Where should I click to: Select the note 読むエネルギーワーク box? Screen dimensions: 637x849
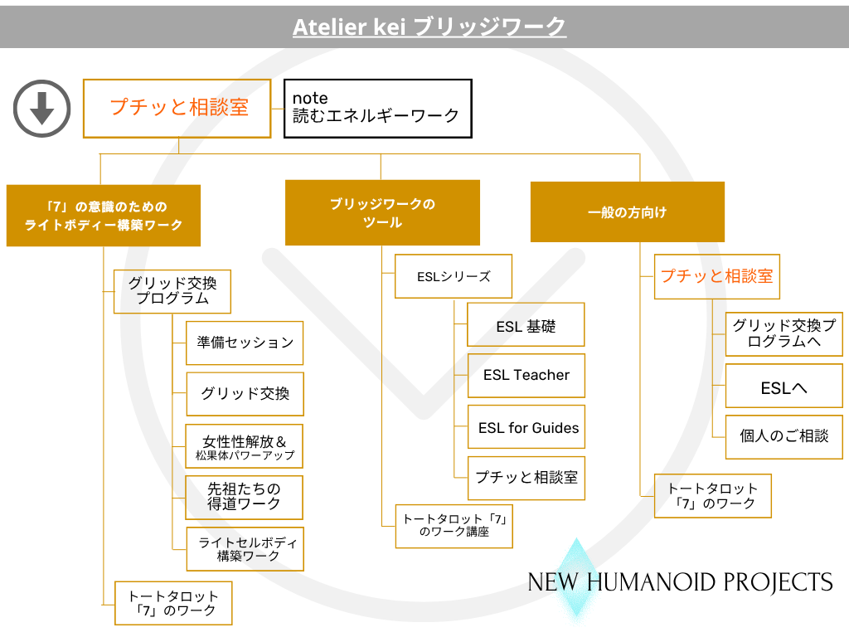[377, 108]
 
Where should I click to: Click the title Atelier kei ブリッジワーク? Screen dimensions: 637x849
[429, 27]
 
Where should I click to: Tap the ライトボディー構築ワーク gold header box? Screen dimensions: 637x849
[104, 216]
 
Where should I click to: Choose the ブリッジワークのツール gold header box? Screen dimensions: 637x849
[382, 213]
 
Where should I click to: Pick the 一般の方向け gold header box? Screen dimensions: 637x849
[627, 212]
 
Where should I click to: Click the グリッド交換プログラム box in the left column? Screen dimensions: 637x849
[172, 290]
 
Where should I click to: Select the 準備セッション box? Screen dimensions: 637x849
[245, 343]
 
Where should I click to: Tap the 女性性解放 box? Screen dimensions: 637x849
[245, 446]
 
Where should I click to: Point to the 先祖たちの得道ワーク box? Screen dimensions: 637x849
[245, 497]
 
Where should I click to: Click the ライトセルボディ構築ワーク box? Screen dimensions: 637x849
[245, 548]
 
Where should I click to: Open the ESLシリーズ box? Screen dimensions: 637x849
[454, 276]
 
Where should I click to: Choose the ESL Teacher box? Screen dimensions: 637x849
[526, 375]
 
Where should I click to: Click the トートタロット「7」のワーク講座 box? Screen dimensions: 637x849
[454, 526]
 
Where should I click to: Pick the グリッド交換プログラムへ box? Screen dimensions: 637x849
[784, 333]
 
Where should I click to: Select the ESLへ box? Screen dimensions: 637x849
[784, 386]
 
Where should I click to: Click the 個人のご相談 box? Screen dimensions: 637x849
[784, 435]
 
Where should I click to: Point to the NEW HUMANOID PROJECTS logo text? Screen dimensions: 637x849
[680, 582]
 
